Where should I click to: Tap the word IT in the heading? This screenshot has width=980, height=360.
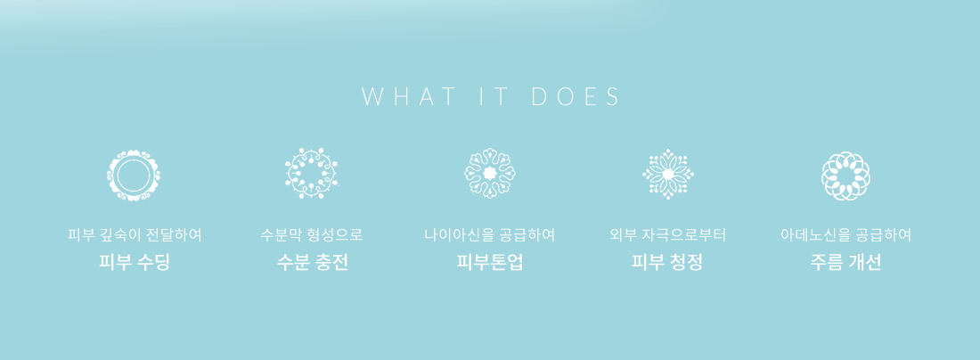coord(491,97)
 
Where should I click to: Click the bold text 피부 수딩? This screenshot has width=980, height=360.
coord(134,262)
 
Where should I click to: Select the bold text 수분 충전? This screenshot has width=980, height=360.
coord(312,262)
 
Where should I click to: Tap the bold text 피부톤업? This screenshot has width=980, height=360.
coord(490,262)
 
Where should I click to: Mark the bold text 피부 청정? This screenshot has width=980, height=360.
coord(667,262)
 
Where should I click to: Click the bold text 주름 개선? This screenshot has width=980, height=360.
coord(845,262)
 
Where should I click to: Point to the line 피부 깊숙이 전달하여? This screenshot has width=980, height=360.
coord(135,235)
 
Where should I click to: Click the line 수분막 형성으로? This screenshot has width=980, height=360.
coord(312,235)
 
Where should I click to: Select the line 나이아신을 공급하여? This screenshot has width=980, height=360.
coord(490,235)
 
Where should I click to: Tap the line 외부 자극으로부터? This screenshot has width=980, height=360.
coord(667,235)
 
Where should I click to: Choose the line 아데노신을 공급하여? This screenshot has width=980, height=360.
coord(845,235)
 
